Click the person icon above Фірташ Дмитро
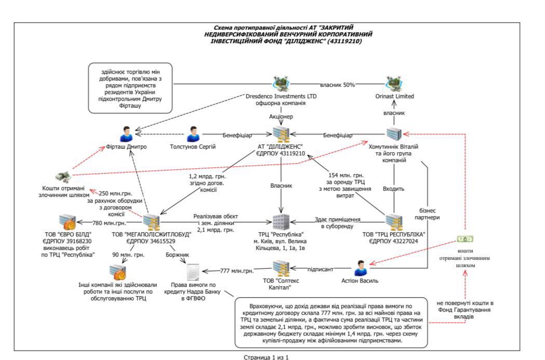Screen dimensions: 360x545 click(126, 134)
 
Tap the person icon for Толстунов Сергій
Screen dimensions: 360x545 click(194, 134)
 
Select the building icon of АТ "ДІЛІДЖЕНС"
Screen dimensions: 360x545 click(280, 134)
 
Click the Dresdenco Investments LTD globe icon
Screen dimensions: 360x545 click(281, 83)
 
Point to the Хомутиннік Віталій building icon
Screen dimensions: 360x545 click(393, 134)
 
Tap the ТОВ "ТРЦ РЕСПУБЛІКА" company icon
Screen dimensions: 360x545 click(393, 222)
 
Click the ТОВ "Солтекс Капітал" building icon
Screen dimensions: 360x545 click(281, 269)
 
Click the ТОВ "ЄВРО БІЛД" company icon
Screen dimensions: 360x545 click(68, 222)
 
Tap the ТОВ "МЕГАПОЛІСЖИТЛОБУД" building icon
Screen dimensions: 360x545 click(151, 222)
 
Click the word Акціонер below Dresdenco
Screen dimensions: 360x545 click(281, 116)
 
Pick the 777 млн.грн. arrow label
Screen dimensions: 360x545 click(237, 271)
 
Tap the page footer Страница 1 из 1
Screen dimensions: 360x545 click(266, 357)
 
